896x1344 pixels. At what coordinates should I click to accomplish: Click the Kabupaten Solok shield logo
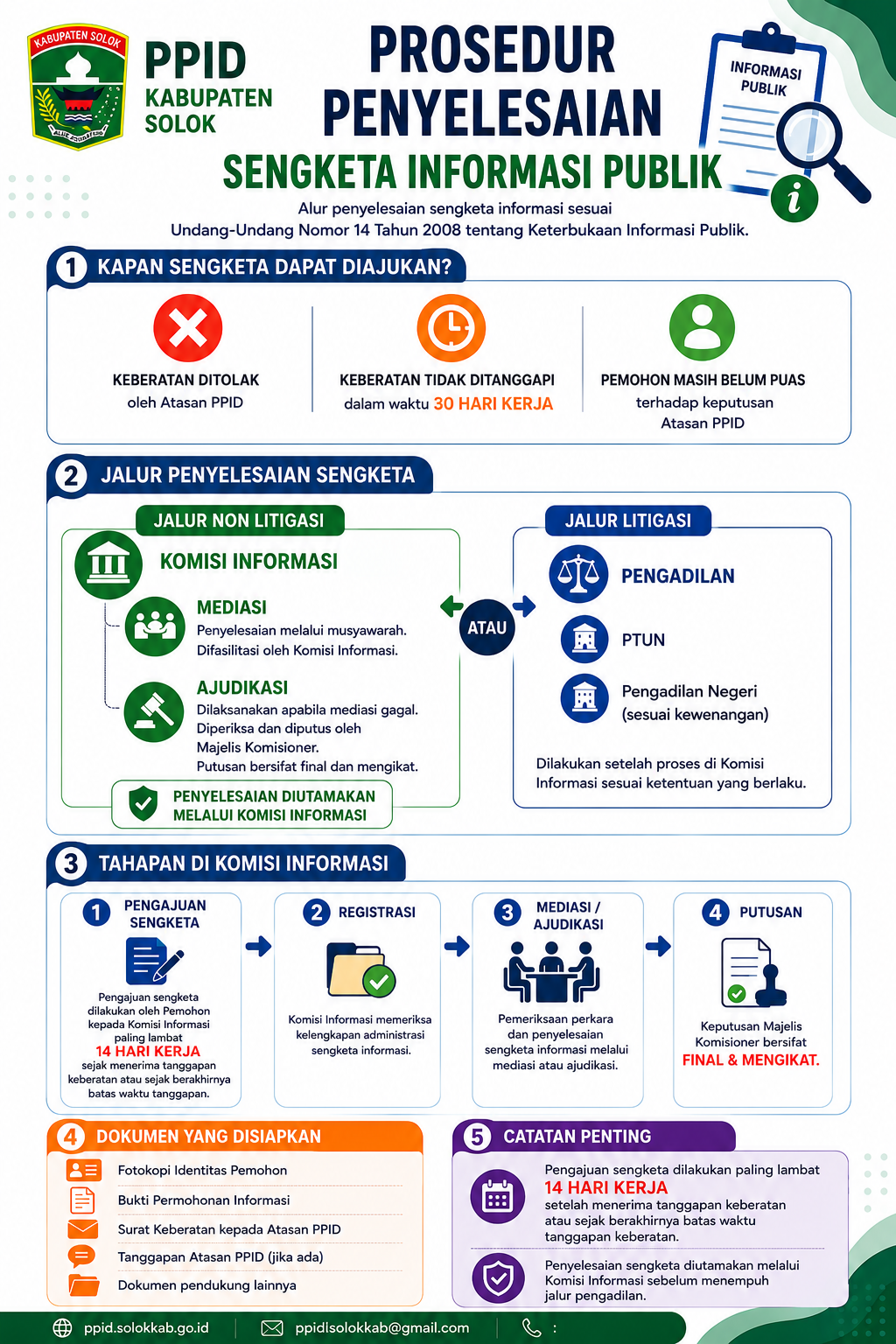pyautogui.click(x=77, y=87)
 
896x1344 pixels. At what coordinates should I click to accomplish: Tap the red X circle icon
pyautogui.click(x=188, y=327)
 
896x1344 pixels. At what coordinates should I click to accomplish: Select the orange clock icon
pyautogui.click(x=451, y=327)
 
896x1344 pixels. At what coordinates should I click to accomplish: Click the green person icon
pyautogui.click(x=702, y=327)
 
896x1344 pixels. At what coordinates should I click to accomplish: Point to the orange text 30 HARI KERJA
pyautogui.click(x=493, y=403)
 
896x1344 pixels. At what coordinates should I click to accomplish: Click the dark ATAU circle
pyautogui.click(x=486, y=627)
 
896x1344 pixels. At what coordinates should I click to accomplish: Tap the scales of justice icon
pyautogui.click(x=578, y=574)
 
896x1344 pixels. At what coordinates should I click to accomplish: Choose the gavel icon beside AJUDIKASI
pyautogui.click(x=154, y=711)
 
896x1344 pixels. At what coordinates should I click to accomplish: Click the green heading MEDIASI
pyautogui.click(x=232, y=607)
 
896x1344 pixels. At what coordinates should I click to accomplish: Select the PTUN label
pyautogui.click(x=643, y=640)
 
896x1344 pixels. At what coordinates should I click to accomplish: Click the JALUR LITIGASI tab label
pyautogui.click(x=627, y=521)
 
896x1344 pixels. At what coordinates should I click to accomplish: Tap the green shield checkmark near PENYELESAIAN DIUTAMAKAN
pyautogui.click(x=143, y=803)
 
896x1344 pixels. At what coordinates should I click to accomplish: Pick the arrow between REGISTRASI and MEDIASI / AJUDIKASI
pyautogui.click(x=457, y=946)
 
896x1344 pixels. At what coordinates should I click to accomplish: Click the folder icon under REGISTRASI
pyautogui.click(x=360, y=969)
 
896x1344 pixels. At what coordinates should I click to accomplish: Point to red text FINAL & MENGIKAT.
pyautogui.click(x=751, y=1060)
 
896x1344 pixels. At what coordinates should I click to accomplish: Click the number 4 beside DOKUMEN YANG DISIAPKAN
pyautogui.click(x=71, y=1137)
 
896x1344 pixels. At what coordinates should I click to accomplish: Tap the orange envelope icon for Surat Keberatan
pyautogui.click(x=83, y=1228)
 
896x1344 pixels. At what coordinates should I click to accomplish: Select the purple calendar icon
pyautogui.click(x=498, y=1196)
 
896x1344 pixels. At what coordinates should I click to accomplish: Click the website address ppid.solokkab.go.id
pyautogui.click(x=146, y=1327)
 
